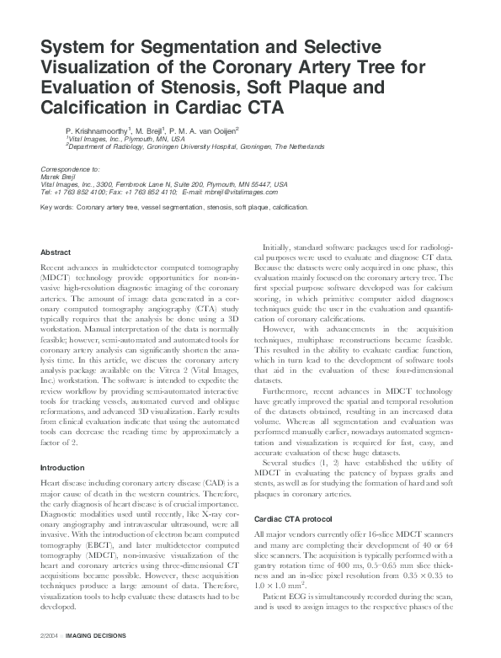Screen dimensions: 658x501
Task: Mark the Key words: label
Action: tap(56, 206)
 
